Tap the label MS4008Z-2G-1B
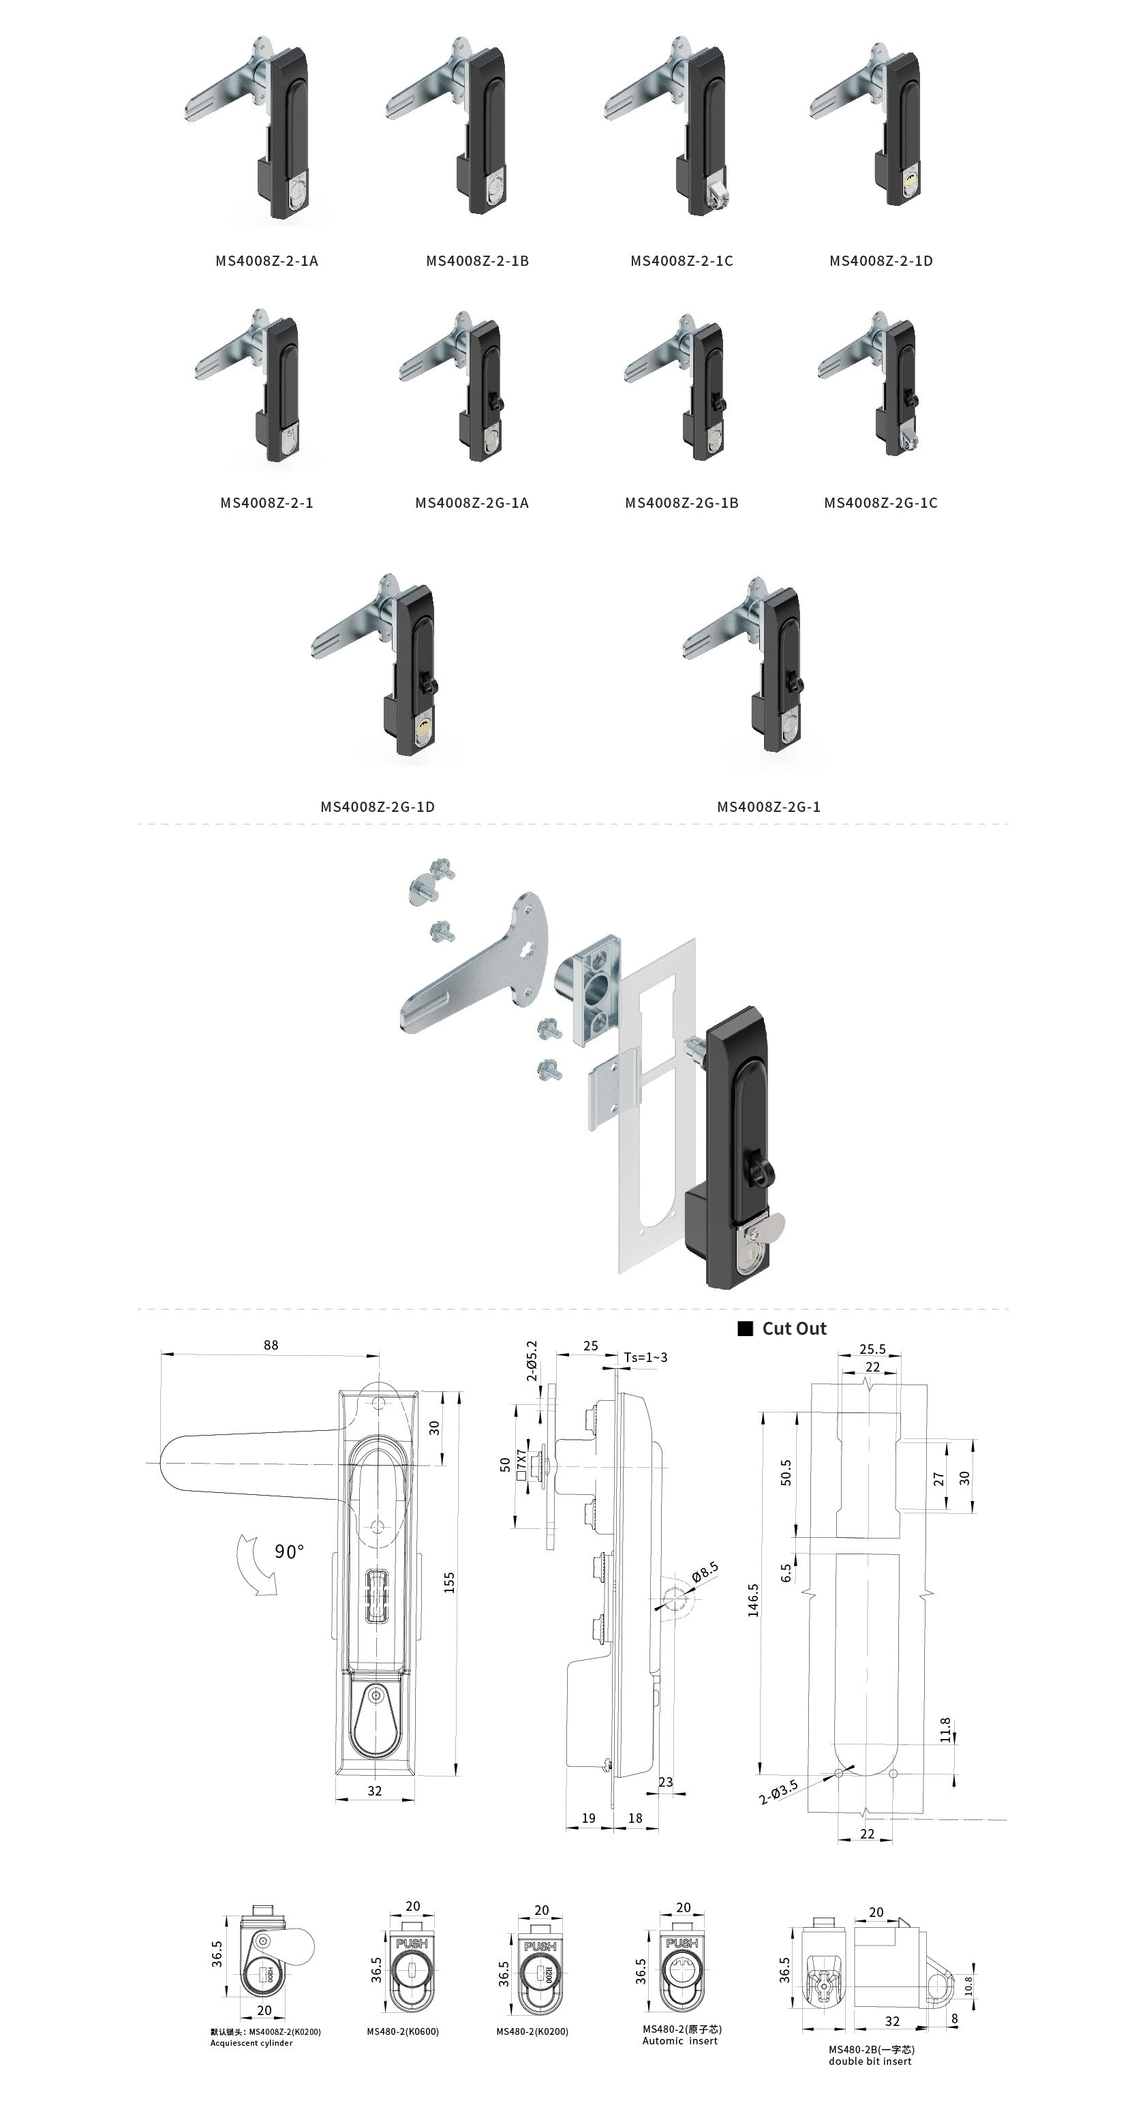pos(682,502)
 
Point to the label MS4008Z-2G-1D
pos(378,806)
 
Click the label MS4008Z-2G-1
pos(769,806)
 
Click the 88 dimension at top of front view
pos(271,1345)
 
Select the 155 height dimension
pos(449,1583)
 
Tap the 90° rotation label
pos(290,1551)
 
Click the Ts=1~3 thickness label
pos(645,1357)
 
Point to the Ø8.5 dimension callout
pos(705,1572)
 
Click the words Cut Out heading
pos(793,1329)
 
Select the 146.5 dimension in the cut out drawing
pos(753,1600)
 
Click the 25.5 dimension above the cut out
pos(872,1349)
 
